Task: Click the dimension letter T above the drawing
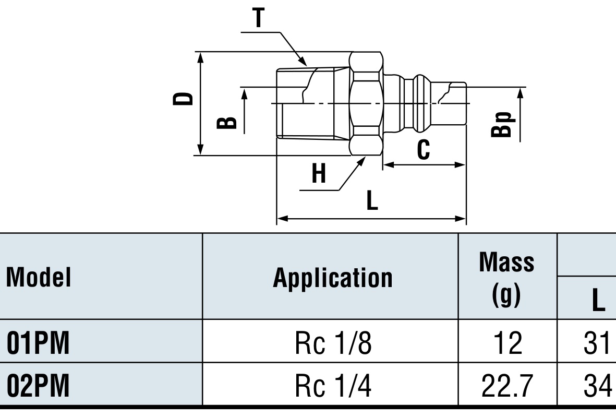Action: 259,18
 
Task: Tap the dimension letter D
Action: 183,99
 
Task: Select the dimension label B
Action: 227,123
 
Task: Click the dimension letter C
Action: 423,150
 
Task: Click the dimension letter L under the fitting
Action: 372,200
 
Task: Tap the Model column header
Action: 39,277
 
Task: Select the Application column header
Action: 333,278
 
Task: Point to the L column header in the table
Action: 598,300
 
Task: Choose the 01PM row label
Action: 38,343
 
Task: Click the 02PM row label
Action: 38,386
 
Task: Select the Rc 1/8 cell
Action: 333,343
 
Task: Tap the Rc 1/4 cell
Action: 333,386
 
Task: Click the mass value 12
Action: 508,343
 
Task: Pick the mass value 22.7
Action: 507,386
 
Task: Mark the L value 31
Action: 597,343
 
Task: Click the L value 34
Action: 598,386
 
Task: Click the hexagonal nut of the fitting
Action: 366,103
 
